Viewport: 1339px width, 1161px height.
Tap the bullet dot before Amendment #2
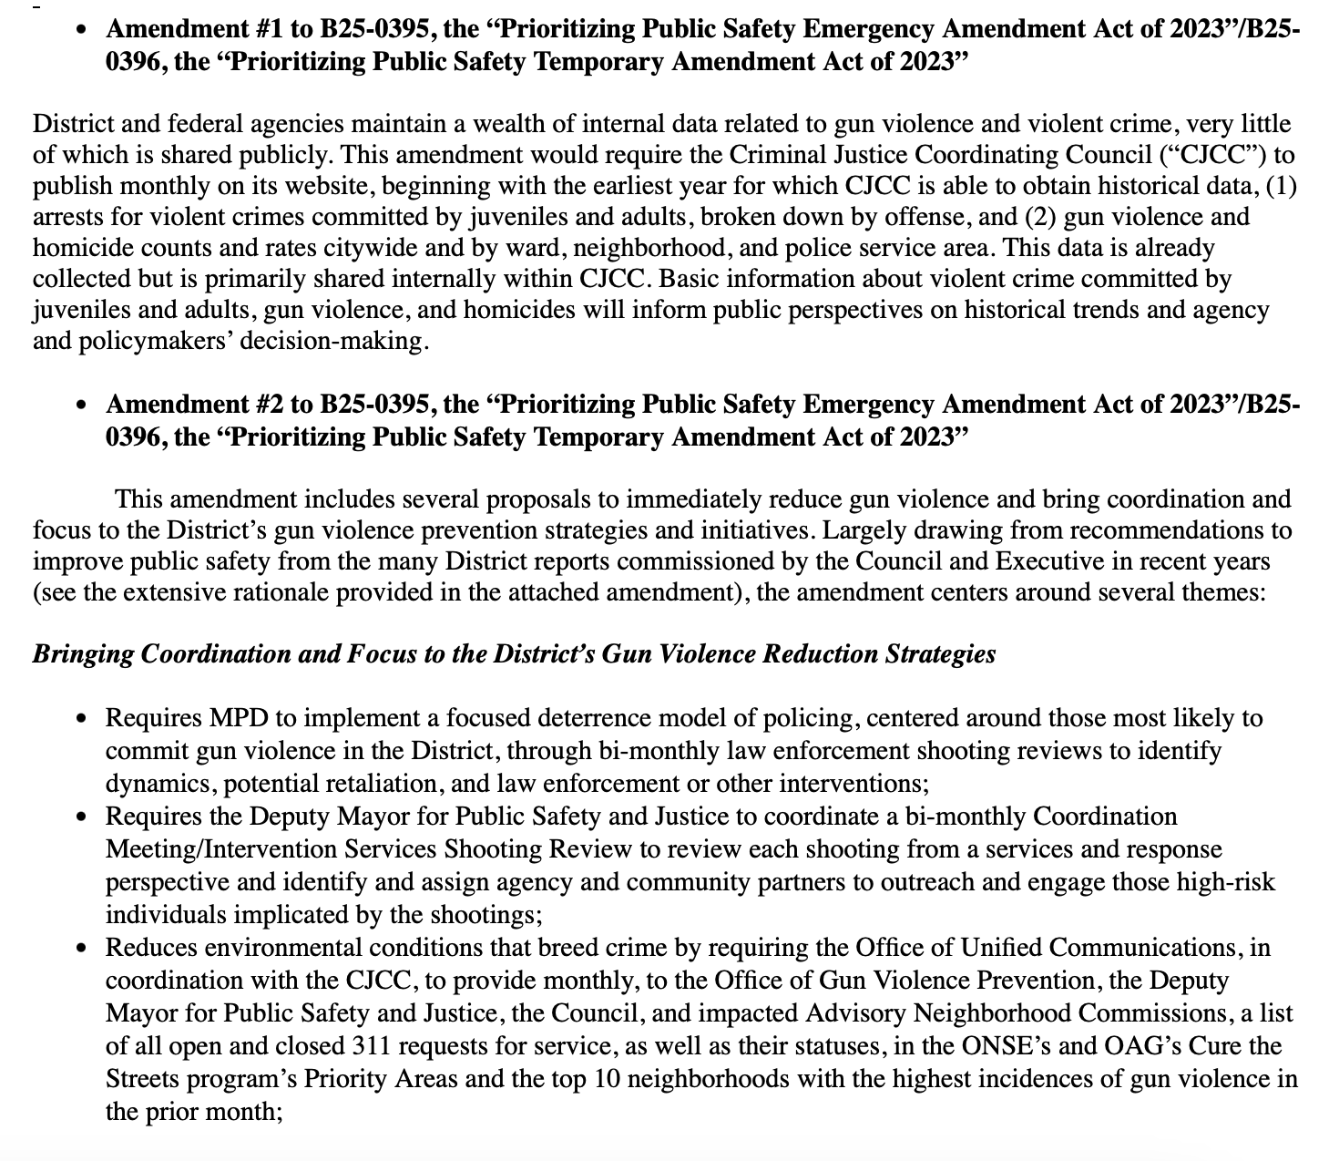pos(83,406)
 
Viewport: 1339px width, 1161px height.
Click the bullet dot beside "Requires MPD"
pos(83,720)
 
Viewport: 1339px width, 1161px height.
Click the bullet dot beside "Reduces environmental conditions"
pos(83,950)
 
